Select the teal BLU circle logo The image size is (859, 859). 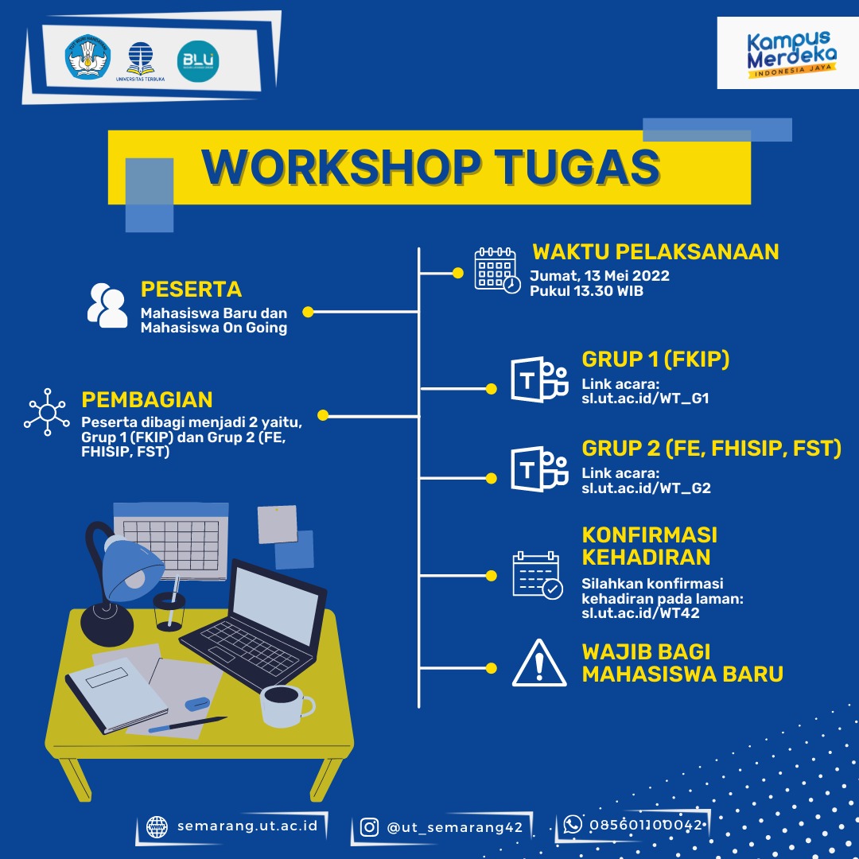pos(198,60)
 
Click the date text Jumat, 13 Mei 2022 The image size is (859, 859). pos(600,276)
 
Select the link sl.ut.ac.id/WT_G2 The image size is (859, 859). pos(646,488)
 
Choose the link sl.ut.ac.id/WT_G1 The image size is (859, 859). pos(645,397)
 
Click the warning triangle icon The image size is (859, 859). pos(538,664)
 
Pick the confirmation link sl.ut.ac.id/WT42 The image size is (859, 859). pos(640,613)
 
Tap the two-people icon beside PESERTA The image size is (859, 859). pos(107,305)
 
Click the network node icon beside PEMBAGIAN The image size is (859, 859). pos(48,412)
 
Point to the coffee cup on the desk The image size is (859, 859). pos(285,704)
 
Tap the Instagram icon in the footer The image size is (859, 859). pos(369,827)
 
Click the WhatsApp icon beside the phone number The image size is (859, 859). pos(573,825)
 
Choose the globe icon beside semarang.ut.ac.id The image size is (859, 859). pos(157,826)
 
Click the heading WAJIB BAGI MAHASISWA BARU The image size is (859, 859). pos(682,663)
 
